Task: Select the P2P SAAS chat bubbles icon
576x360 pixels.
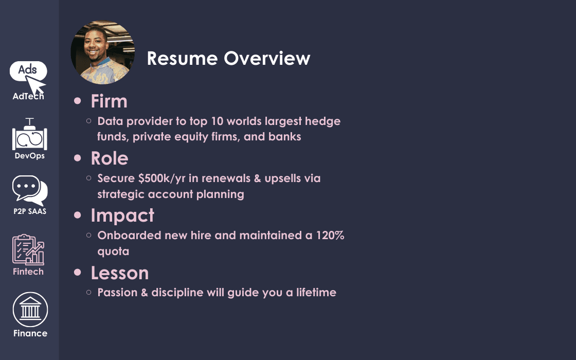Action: [30, 190]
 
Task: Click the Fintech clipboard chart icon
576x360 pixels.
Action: [28, 249]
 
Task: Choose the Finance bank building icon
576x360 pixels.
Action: [30, 309]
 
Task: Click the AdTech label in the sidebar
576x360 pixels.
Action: [28, 96]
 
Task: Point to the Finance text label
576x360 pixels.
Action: [30, 333]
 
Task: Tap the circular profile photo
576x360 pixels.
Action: [102, 52]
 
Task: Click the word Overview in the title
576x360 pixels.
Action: [267, 58]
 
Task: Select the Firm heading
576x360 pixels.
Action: [109, 101]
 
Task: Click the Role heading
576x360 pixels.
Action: [110, 158]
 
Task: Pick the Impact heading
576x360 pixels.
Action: [122, 215]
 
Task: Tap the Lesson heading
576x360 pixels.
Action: [120, 273]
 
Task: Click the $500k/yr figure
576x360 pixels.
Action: [162, 178]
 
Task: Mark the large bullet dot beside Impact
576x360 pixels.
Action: [78, 215]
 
